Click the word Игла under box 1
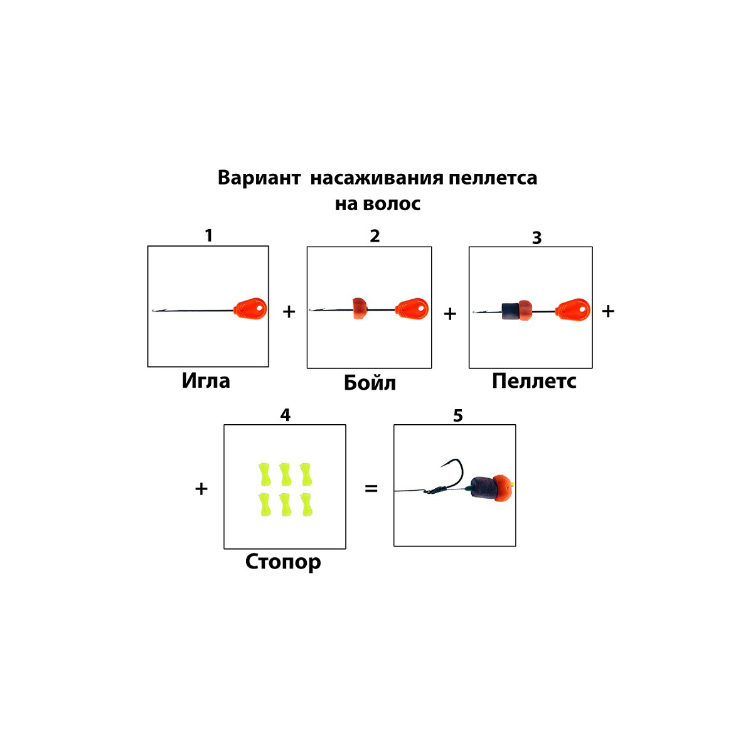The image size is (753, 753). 206,381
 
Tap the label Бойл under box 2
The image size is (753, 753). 370,383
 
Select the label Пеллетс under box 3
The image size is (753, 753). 534,381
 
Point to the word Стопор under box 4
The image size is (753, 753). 283,561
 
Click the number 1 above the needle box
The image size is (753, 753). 209,236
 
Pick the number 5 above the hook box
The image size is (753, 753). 458,415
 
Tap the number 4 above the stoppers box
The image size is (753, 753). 286,415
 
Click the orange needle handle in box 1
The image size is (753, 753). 250,308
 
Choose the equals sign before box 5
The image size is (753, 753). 371,488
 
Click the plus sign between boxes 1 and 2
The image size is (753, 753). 289,311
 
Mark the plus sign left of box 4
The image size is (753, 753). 201,489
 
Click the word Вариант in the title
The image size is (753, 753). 259,178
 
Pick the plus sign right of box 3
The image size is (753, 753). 607,311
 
